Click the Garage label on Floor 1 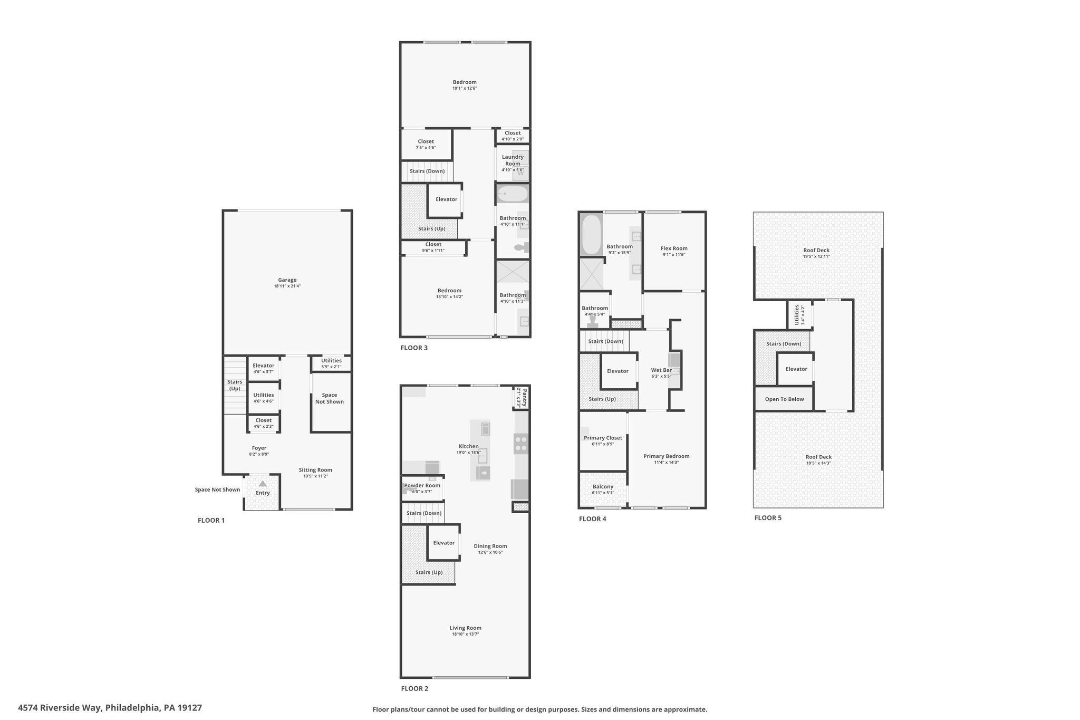tap(287, 280)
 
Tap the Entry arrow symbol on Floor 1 tap(263, 483)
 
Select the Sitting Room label tap(315, 470)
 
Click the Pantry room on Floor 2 tap(521, 398)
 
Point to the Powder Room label tap(422, 485)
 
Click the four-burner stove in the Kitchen tap(521, 443)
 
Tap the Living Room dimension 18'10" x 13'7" tap(465, 634)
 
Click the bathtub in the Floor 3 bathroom tap(513, 194)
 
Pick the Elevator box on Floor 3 tap(445, 200)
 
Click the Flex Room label tap(674, 248)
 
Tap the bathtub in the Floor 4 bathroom tap(591, 234)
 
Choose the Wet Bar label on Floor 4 tap(661, 370)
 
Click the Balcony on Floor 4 tap(603, 489)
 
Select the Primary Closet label tap(603, 438)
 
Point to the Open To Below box tap(784, 399)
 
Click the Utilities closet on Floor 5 tap(799, 315)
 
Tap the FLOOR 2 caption tap(414, 688)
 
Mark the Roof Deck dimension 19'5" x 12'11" tap(816, 256)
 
